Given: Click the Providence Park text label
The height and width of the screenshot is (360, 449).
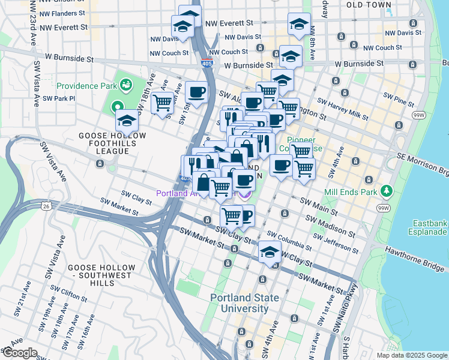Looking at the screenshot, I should [x=86, y=86].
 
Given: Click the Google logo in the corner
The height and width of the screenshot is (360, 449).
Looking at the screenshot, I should [x=20, y=353].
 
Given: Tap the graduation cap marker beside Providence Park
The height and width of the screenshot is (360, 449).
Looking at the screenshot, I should [x=127, y=121].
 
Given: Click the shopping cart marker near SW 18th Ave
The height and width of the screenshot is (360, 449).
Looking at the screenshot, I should [x=162, y=103].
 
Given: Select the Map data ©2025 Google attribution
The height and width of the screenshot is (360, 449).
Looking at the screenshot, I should [x=411, y=355].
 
